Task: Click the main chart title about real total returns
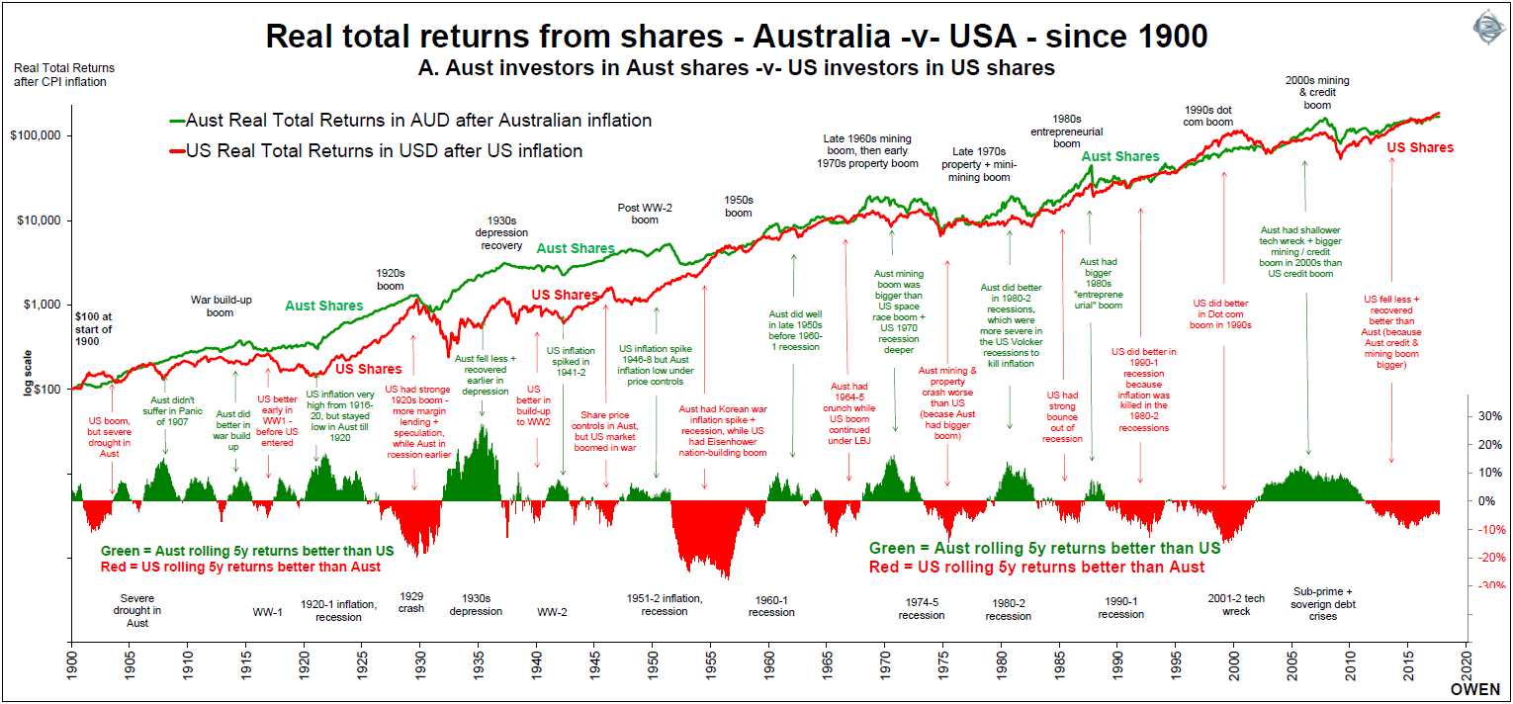pyautogui.click(x=737, y=38)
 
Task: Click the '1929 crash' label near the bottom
pyautogui.click(x=411, y=602)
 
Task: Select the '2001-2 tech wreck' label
pyautogui.click(x=1236, y=604)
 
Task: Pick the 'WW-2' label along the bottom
pyautogui.click(x=552, y=611)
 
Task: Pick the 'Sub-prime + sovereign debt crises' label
pyautogui.click(x=1322, y=604)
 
